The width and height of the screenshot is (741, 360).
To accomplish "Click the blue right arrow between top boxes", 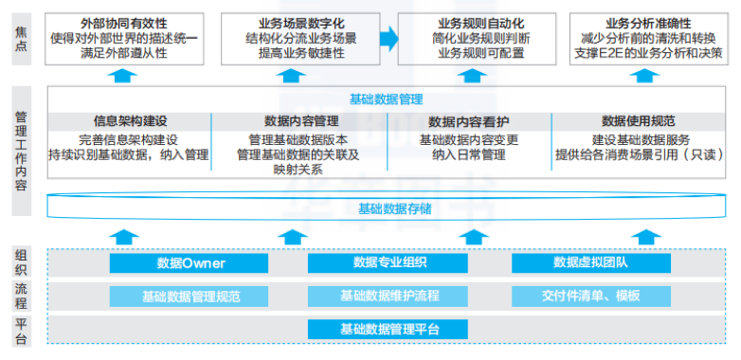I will point(389,38).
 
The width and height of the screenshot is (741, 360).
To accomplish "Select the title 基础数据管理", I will point(386,99).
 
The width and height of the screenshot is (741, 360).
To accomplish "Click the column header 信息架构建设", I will point(130,121).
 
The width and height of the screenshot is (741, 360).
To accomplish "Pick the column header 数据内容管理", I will point(300,121).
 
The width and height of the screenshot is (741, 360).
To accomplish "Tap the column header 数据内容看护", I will point(469,121).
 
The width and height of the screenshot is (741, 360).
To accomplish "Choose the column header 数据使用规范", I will point(638,121).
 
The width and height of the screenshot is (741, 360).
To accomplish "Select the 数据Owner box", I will point(191,262).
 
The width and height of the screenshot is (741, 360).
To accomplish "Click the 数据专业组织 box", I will point(389,262).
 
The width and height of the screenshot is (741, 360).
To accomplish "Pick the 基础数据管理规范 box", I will point(191,296).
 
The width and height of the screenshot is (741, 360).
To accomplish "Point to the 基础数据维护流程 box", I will point(389,296).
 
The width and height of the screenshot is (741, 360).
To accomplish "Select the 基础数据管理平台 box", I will point(389,329).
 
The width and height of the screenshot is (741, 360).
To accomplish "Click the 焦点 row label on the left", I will point(22,38).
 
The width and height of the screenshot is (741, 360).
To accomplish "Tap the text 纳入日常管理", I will point(470,153).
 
